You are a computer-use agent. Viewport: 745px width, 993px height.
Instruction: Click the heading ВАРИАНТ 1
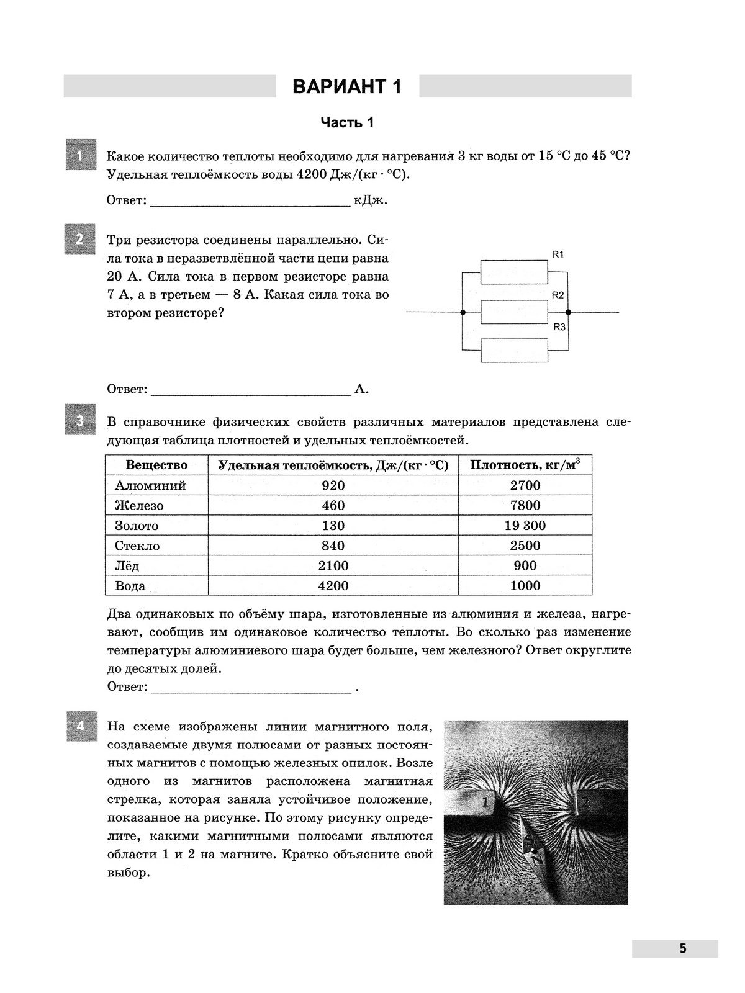[x=347, y=87]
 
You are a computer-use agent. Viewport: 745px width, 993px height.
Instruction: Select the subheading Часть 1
[x=347, y=122]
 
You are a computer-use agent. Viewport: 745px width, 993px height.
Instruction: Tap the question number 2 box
[x=79, y=239]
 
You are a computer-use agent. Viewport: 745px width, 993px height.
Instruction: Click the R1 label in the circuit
[x=558, y=254]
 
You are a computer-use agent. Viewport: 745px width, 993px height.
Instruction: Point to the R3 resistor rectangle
[x=514, y=351]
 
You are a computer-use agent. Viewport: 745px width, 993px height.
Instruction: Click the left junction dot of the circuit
[x=463, y=312]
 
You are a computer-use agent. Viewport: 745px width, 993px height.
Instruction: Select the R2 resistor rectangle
[x=514, y=312]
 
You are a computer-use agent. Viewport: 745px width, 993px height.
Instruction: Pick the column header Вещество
[x=156, y=465]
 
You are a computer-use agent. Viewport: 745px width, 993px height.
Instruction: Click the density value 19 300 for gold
[x=525, y=526]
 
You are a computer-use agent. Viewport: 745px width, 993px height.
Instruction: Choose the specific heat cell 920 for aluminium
[x=333, y=485]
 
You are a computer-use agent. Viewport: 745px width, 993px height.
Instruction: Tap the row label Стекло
[x=137, y=546]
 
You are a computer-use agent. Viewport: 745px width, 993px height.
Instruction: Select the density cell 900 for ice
[x=525, y=565]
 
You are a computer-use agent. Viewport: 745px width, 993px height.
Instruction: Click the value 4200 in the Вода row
[x=333, y=586]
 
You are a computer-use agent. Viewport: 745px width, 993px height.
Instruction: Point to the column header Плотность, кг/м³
[x=525, y=465]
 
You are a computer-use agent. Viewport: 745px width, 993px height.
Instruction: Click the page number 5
[x=682, y=948]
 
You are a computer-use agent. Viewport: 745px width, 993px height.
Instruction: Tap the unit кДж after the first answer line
[x=371, y=200]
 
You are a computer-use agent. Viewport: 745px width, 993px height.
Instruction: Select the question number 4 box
[x=81, y=726]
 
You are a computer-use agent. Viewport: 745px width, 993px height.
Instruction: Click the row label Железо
[x=139, y=506]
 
